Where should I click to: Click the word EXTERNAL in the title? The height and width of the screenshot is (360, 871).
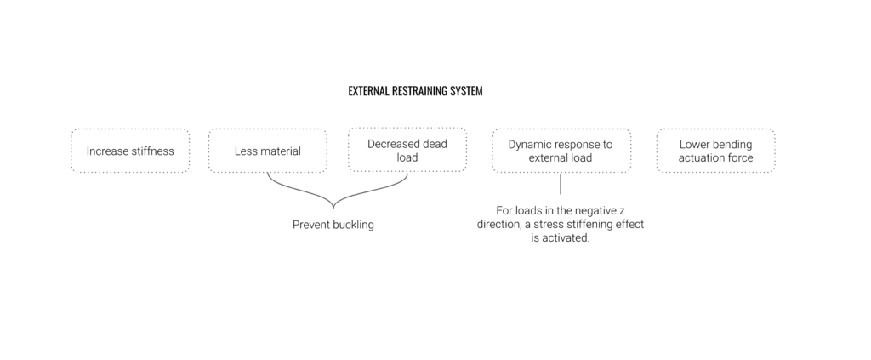pos(369,91)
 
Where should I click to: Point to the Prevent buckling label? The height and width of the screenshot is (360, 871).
pos(333,225)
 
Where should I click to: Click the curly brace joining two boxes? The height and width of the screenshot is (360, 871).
pos(333,207)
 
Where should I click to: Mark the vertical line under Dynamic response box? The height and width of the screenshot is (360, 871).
pos(561,184)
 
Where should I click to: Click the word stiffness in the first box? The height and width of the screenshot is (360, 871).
pos(151,151)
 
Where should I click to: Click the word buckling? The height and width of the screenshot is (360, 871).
pos(352,225)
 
